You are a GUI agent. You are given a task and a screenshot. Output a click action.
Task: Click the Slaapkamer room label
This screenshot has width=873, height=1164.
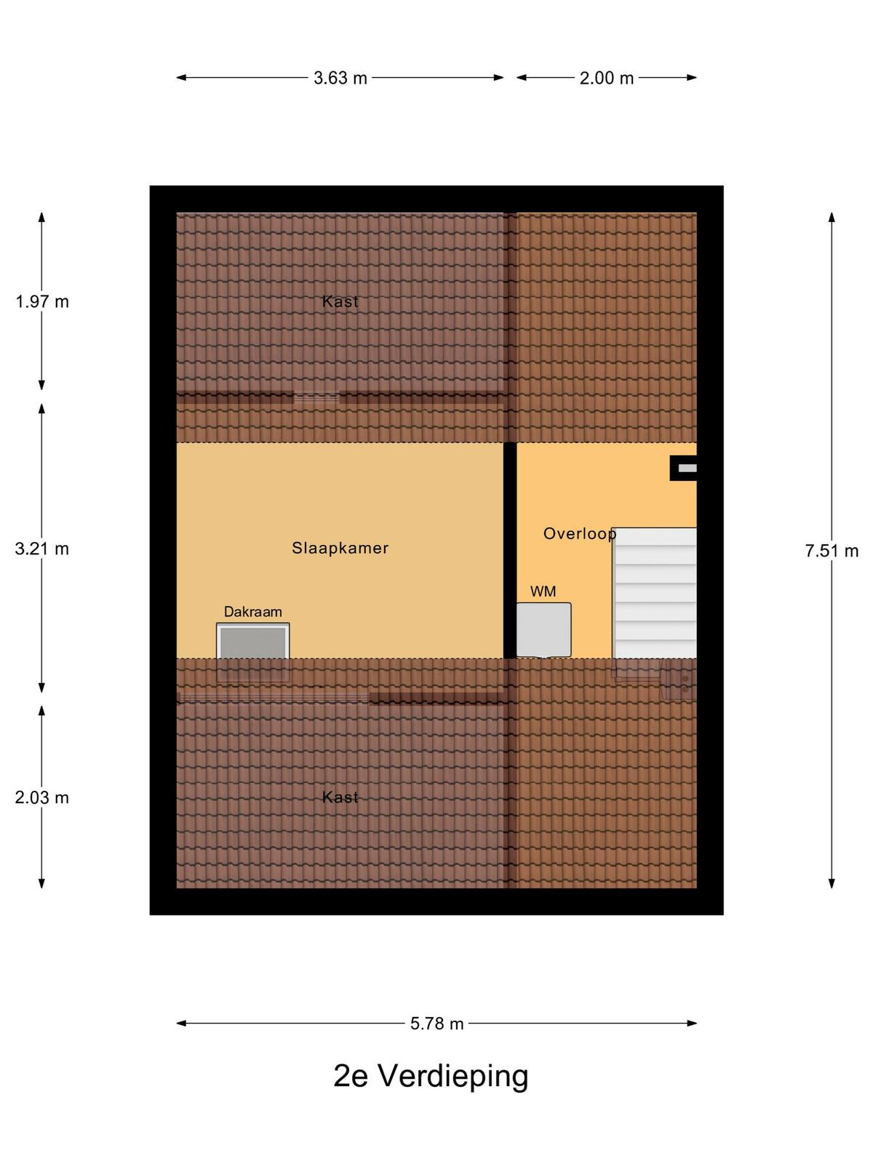340,548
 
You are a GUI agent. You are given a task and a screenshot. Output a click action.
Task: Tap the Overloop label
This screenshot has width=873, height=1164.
579,533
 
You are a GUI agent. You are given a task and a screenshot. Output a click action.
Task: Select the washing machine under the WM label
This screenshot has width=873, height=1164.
544,630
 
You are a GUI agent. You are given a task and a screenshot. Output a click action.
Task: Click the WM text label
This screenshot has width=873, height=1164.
543,591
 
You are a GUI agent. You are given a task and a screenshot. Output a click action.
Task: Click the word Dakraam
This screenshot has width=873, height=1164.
253,612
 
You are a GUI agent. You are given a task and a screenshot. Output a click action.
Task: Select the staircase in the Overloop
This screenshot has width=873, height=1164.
654,593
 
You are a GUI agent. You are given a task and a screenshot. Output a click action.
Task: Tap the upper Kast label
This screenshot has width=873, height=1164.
340,302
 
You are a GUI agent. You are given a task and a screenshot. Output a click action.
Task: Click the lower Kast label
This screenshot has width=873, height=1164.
340,797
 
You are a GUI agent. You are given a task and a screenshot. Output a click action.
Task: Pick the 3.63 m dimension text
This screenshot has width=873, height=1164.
340,79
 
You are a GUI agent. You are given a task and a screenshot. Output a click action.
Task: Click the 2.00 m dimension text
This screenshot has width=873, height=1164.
607,79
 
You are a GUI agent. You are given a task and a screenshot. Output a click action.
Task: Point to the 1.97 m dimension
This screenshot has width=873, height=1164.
42,302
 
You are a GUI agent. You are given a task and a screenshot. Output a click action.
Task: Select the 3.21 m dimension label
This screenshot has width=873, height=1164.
42,549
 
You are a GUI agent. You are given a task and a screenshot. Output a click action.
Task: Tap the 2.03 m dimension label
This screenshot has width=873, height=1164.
42,797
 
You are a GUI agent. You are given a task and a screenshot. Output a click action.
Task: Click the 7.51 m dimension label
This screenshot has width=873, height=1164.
832,551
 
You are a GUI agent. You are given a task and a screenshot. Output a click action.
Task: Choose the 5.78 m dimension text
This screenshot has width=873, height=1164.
436,1024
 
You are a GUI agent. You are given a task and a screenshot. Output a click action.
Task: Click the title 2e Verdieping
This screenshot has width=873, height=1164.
431,1077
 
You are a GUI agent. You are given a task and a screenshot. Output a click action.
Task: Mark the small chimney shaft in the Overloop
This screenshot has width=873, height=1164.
683,469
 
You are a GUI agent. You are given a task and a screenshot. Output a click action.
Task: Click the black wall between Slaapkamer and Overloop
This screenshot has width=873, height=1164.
510,551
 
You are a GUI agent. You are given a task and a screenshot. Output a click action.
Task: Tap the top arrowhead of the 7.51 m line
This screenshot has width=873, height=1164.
832,217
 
